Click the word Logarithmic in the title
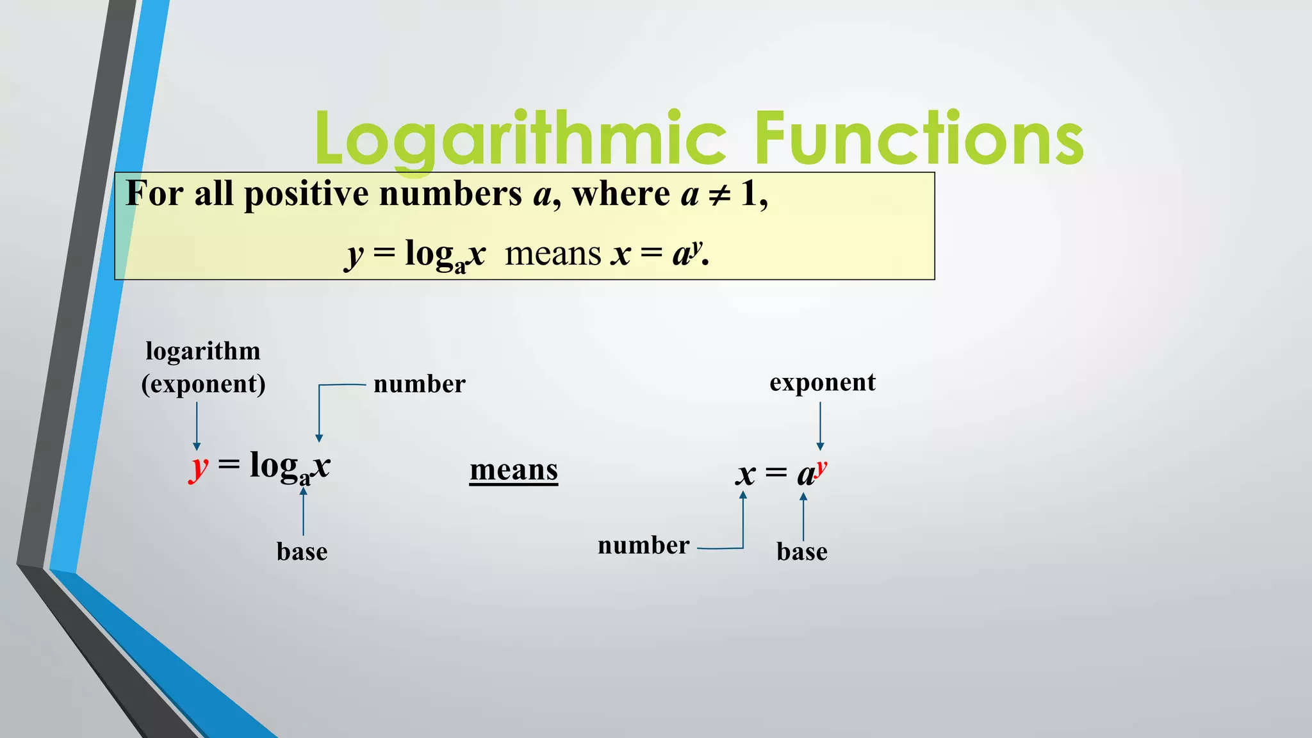pyautogui.click(x=520, y=138)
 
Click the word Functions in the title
pyautogui.click(x=919, y=138)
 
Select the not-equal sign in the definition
pyautogui.click(x=719, y=194)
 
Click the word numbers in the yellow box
pyautogui.click(x=450, y=194)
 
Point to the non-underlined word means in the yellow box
pyautogui.click(x=553, y=254)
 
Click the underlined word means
pyautogui.click(x=514, y=470)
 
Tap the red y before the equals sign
pyautogui.click(x=199, y=468)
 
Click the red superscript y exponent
pyautogui.click(x=821, y=467)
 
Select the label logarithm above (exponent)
pyautogui.click(x=203, y=351)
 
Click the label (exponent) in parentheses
pyautogui.click(x=203, y=384)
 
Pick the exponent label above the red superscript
pyautogui.click(x=823, y=382)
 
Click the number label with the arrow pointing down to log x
pyautogui.click(x=419, y=384)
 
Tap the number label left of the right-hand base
pyautogui.click(x=643, y=546)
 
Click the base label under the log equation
pyautogui.click(x=302, y=552)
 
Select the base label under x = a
pyautogui.click(x=802, y=552)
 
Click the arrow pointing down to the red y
pyautogui.click(x=197, y=426)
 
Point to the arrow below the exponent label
pyautogui.click(x=820, y=426)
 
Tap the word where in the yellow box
pyautogui.click(x=621, y=194)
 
